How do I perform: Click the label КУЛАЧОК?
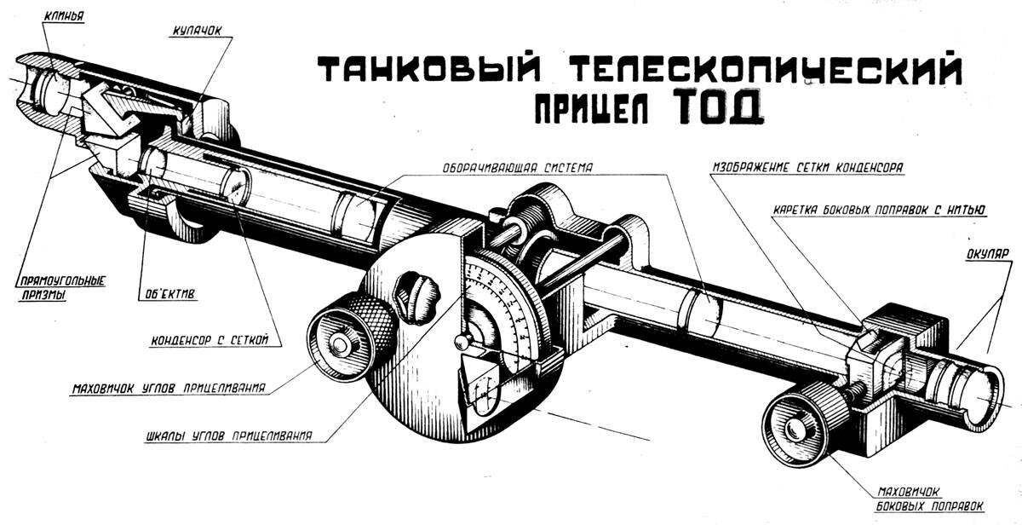196,30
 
